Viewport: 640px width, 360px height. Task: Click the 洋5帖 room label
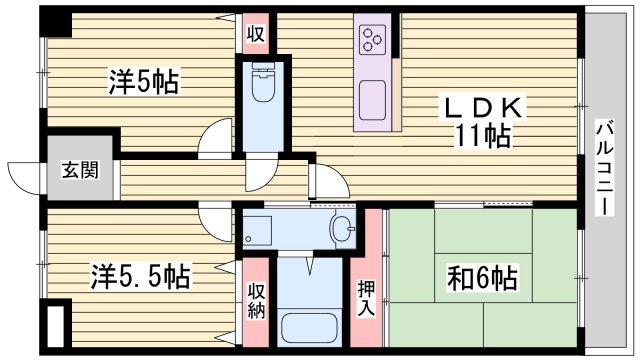(x=144, y=83)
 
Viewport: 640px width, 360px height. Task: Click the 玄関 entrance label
(x=83, y=170)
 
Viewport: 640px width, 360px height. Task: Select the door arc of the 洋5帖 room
(x=213, y=137)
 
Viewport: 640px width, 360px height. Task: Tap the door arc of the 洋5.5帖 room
(x=213, y=214)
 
